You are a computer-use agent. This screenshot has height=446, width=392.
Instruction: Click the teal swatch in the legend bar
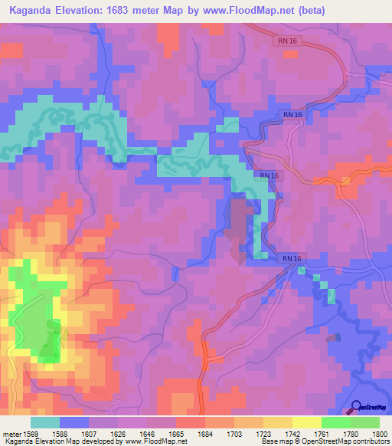(44, 422)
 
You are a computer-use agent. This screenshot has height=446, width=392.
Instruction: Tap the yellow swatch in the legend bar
(306, 422)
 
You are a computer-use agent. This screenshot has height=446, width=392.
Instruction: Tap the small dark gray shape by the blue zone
(332, 337)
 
